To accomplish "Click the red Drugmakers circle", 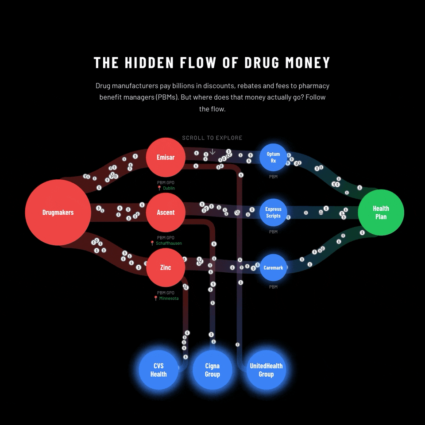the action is click(x=58, y=212).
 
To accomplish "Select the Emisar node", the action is click(x=166, y=157).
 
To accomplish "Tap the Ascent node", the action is click(x=166, y=212).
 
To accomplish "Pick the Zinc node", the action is click(x=166, y=267).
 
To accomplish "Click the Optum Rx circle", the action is click(x=273, y=157).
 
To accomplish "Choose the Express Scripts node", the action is click(x=273, y=212).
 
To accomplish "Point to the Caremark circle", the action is click(x=273, y=267).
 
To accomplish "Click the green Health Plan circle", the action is click(x=381, y=212).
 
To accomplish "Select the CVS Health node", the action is click(x=158, y=370).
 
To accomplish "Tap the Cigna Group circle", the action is click(x=212, y=370).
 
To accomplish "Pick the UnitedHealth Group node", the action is click(x=266, y=370).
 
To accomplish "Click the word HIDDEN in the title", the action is click(x=149, y=63).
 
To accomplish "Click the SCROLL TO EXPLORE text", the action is click(x=212, y=138).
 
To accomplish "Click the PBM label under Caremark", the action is click(x=273, y=287).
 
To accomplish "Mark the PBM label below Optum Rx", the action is click(x=273, y=177).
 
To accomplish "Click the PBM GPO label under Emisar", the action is click(x=166, y=182).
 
